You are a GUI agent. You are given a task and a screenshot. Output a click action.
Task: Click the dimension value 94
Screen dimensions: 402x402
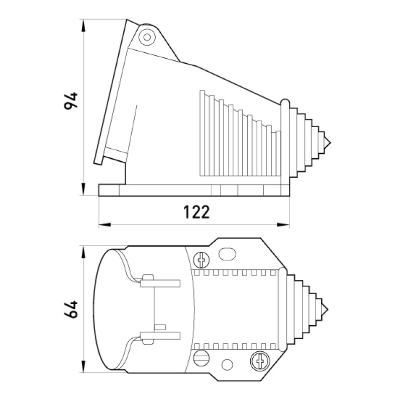click(71, 101)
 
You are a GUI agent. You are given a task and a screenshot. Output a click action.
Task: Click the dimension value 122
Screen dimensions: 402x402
click(196, 212)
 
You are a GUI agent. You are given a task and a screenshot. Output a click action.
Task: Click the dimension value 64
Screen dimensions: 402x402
click(71, 309)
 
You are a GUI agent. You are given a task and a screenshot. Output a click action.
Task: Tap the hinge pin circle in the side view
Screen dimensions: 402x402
click(147, 37)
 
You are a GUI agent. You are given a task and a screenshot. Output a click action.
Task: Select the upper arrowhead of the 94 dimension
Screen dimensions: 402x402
click(83, 26)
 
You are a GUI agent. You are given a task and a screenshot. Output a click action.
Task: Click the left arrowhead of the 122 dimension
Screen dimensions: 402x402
click(105, 225)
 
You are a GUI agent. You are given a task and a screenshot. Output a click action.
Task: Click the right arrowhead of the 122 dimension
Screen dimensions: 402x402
click(283, 225)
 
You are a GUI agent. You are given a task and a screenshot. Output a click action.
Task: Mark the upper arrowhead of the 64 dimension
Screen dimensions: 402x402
click(83, 252)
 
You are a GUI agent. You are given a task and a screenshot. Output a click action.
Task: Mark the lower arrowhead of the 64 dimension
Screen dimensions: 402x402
click(83, 366)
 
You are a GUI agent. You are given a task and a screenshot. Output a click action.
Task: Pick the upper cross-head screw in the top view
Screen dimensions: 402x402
click(202, 260)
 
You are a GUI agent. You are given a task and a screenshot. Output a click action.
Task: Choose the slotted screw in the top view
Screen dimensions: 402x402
click(202, 358)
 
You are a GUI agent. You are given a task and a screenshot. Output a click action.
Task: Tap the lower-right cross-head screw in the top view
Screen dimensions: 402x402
click(260, 361)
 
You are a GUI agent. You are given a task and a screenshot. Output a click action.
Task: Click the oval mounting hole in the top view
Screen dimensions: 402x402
click(227, 254)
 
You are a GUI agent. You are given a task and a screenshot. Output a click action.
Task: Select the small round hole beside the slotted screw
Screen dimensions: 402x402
click(227, 365)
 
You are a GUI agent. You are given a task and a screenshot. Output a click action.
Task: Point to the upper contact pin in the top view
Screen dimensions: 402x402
click(160, 283)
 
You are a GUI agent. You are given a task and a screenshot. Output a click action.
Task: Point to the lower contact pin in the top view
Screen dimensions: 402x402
click(160, 336)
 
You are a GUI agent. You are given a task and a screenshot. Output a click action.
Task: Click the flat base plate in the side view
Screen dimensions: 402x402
click(194, 190)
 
